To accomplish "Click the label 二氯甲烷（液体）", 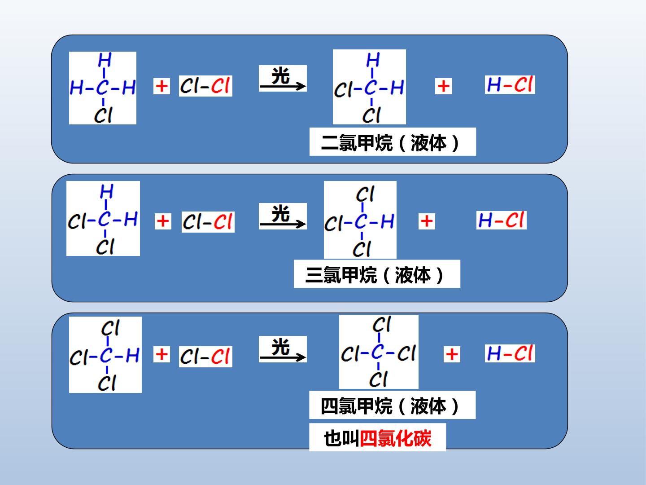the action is click(x=390, y=143).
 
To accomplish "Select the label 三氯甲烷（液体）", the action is click(x=375, y=275).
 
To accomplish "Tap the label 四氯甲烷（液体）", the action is click(x=390, y=406).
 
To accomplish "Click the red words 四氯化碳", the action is click(x=396, y=439).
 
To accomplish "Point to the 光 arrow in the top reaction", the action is click(x=283, y=87).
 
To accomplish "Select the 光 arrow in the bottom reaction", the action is click(x=283, y=357).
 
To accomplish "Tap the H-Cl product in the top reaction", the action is click(x=510, y=85).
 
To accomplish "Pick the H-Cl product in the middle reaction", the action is click(x=501, y=220).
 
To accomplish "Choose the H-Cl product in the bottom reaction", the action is click(x=510, y=353).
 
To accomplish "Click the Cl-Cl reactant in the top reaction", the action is click(x=205, y=86).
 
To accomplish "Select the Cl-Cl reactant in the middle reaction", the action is click(x=208, y=222).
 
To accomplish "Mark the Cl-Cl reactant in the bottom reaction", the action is click(x=205, y=357).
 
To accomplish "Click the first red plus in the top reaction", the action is click(x=161, y=86).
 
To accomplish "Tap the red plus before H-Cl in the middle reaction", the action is click(x=427, y=221).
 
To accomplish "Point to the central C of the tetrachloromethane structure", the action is click(x=378, y=352).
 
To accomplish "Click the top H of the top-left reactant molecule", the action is click(x=105, y=60).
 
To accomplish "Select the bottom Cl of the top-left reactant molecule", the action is click(x=103, y=115).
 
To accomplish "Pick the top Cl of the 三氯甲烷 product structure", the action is click(x=365, y=194).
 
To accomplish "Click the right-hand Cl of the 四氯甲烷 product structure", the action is click(x=406, y=353).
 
